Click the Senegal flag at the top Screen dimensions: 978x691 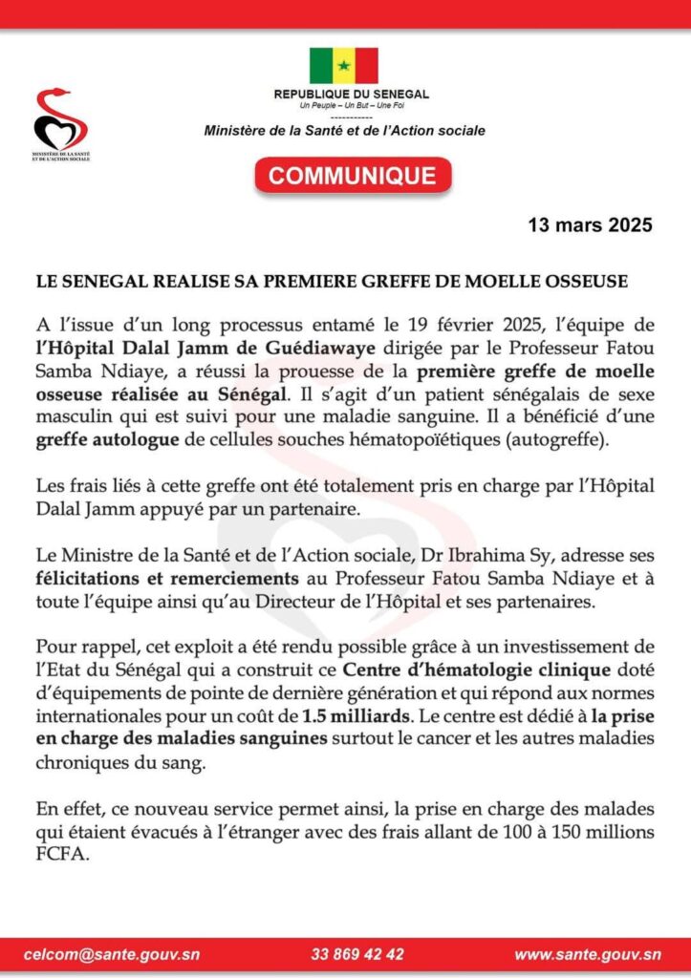click(344, 65)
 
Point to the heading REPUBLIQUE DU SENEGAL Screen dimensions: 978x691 click(351, 95)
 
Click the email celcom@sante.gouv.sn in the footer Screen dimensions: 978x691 click(88, 954)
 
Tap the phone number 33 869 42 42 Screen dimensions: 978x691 click(356, 954)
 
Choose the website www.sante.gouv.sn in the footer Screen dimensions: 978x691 click(588, 954)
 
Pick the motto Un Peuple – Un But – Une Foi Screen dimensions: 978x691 click(351, 105)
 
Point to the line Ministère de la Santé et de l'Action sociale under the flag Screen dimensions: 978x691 click(344, 131)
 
